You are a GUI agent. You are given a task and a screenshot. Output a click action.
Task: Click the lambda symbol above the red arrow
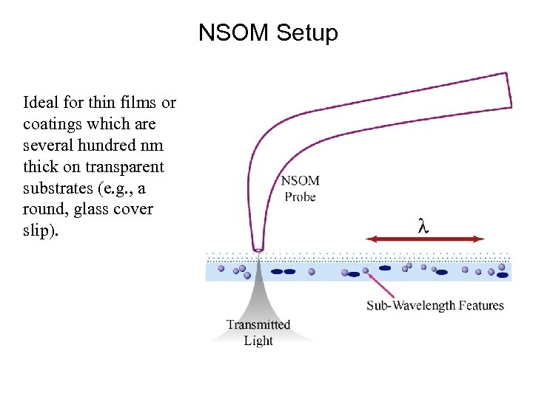pos(423,226)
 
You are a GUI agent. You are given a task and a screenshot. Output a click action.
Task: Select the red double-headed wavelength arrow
pos(426,239)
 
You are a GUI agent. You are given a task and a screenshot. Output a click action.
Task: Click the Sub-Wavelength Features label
pos(435,306)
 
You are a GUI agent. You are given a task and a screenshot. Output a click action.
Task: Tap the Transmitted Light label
pos(258,332)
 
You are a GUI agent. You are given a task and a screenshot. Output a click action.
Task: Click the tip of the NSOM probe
pos(258,250)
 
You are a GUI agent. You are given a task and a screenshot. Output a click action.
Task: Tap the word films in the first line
pos(124,102)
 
